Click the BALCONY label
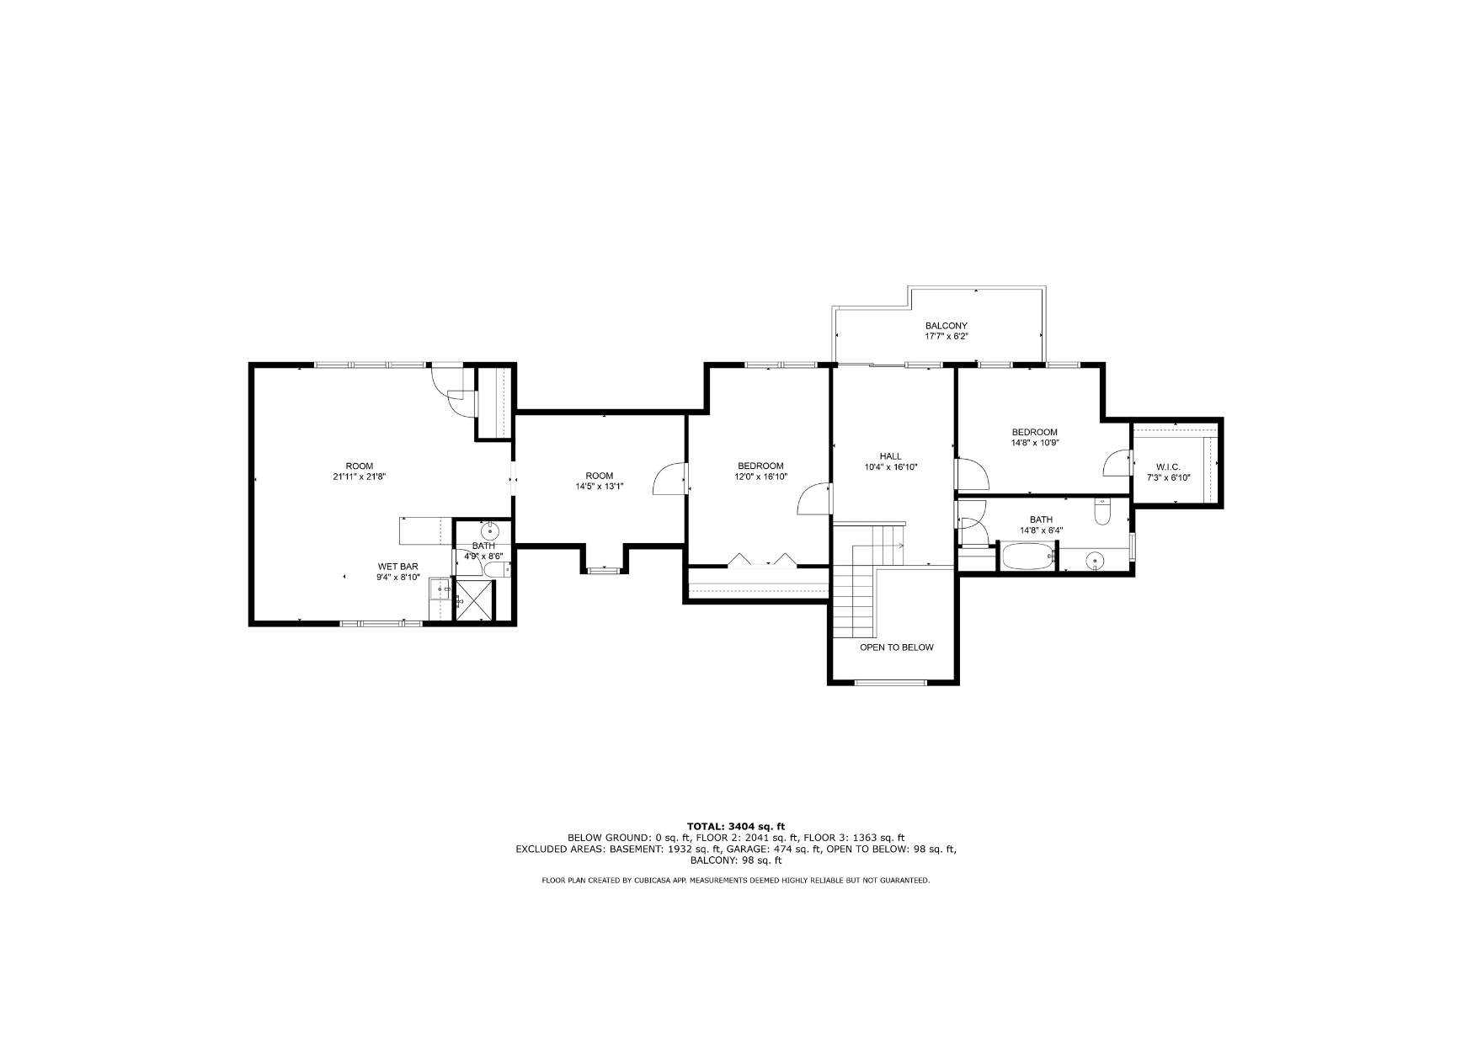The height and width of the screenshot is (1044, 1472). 946,326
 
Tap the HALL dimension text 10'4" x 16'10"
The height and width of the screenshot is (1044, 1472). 890,467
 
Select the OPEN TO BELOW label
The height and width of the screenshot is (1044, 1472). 896,647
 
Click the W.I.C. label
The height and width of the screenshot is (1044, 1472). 1168,466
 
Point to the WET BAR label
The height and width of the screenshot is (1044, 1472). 397,567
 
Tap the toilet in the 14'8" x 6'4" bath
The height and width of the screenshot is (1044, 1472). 1103,511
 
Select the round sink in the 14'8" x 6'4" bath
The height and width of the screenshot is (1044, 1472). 1095,559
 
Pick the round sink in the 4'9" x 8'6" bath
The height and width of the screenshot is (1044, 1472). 489,531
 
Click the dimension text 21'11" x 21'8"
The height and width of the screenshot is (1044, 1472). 359,477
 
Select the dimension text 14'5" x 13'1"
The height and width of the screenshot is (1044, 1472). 600,486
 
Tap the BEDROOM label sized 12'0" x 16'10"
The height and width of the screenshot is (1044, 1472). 760,466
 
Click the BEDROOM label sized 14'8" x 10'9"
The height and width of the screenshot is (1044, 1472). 1034,432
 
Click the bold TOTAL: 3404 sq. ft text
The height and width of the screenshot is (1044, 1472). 736,827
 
